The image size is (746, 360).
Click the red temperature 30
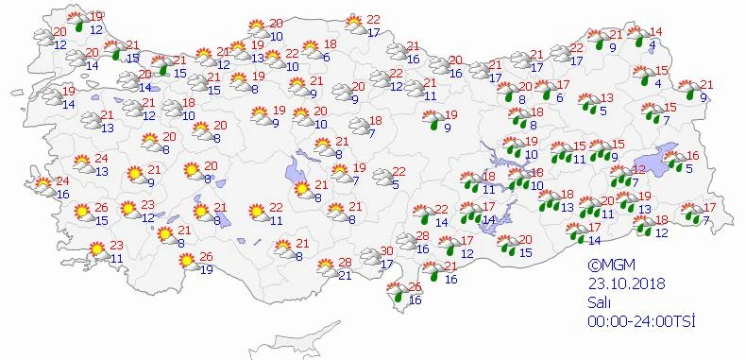pos(385,250)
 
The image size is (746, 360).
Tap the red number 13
pos(607,97)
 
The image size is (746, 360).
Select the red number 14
pos(657,32)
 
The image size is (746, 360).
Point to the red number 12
pos(638,170)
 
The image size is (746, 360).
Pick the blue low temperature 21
pos(345,275)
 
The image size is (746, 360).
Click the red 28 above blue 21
pos(345,262)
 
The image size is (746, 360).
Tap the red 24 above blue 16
pos(62,180)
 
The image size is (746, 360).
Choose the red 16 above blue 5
pos(692,156)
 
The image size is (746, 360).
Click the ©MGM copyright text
pos(607,266)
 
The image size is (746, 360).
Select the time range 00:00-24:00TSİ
pos(639,322)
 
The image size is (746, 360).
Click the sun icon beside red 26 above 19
pos(190,262)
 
